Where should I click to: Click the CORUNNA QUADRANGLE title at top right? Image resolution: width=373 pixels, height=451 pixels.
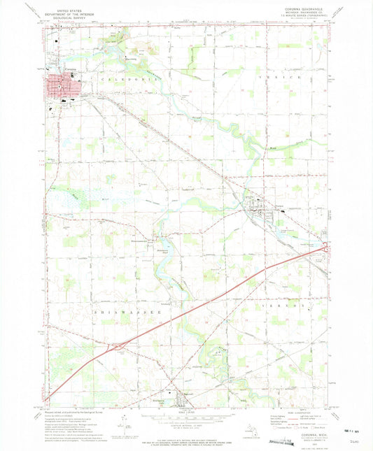(302, 9)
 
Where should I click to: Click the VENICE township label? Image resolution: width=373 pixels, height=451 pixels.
(279, 77)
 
